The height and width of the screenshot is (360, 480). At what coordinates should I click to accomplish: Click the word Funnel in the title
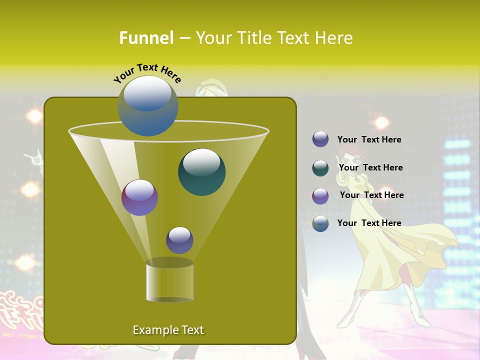pos(146,38)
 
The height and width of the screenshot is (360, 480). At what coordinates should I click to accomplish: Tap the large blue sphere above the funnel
pos(148,106)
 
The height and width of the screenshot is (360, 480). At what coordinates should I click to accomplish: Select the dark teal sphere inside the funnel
pos(201,172)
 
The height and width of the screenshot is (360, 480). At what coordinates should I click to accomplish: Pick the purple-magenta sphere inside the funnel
pos(139,197)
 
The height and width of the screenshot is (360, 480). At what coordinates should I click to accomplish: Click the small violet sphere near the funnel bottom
pos(179,240)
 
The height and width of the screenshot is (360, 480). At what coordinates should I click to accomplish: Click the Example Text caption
pos(168,330)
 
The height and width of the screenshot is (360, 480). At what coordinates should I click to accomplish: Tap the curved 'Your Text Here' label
pos(147,73)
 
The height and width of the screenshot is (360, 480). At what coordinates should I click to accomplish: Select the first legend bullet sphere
pos(320,139)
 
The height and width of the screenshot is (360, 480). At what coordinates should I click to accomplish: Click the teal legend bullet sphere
pos(320,168)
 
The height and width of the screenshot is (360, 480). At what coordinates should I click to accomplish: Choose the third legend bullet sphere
pos(320,196)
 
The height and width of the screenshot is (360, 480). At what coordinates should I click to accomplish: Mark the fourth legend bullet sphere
pos(320,223)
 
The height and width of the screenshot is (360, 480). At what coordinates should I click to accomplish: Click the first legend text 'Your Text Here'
pos(369,139)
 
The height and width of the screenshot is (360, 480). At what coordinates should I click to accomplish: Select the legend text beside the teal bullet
pos(370,167)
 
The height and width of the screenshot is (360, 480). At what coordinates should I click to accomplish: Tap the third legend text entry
pos(371,195)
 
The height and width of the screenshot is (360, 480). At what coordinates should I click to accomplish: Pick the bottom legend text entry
pos(369,223)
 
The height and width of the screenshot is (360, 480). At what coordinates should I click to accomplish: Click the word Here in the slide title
pos(333,38)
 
